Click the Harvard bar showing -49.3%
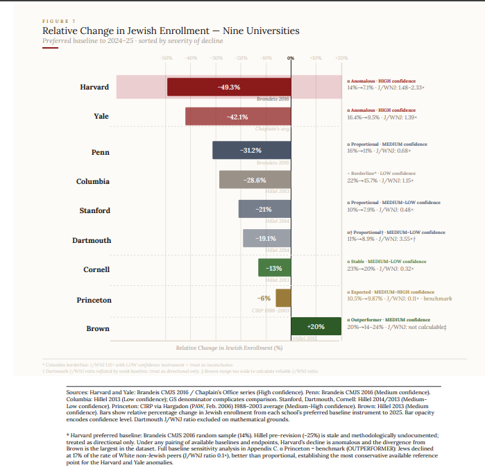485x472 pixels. [229, 87]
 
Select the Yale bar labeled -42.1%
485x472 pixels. [238, 117]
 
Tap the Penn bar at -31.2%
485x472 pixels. [251, 151]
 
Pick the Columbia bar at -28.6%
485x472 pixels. [255, 180]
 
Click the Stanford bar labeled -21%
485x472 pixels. [264, 209]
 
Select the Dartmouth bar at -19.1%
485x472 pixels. [266, 239]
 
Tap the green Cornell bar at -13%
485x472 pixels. [275, 268]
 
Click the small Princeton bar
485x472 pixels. [283, 298]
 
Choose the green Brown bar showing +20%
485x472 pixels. [316, 326]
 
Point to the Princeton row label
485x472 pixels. [93, 300]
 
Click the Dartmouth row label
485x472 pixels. [91, 240]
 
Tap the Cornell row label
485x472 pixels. [96, 269]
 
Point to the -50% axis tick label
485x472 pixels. [167, 58]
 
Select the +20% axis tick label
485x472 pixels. [341, 58]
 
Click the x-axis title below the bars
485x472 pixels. [229, 347]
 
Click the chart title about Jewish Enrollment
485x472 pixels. [171, 31]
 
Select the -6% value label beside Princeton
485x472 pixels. [265, 298]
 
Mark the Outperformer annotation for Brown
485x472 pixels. [385, 319]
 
